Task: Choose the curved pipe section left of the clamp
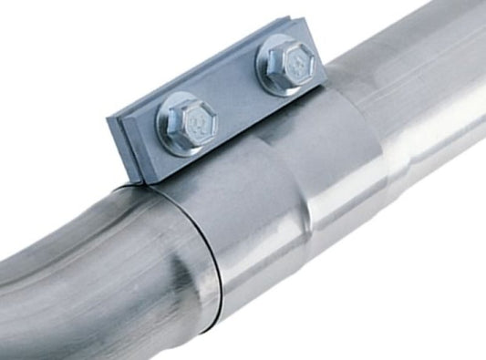[91, 264]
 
